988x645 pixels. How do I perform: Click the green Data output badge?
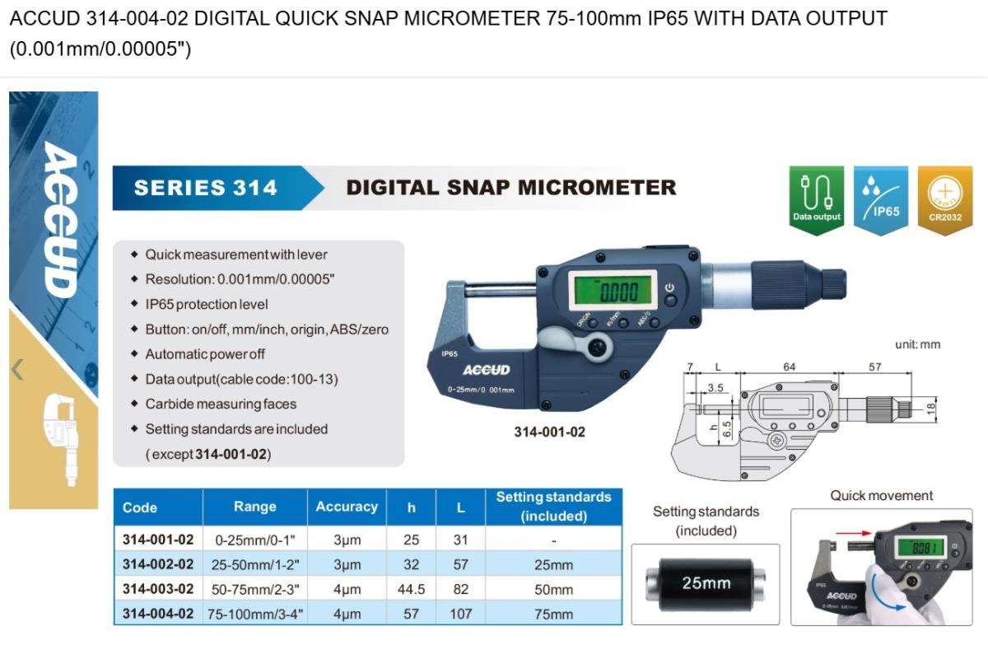[817, 199]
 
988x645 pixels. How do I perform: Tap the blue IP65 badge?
[881, 199]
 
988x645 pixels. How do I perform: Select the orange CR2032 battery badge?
[945, 199]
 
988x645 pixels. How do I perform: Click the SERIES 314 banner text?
[206, 188]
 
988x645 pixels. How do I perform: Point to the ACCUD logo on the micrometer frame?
[486, 370]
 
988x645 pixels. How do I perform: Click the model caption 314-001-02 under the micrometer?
[550, 432]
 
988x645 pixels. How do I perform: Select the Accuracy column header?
[347, 507]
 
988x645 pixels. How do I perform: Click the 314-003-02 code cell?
[158, 589]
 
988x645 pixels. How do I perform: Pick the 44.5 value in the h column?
[411, 589]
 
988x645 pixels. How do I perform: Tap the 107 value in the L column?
[461, 614]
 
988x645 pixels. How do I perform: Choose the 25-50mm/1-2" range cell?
[255, 565]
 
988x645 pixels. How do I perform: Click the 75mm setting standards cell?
[553, 615]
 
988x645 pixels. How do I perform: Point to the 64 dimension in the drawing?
[789, 367]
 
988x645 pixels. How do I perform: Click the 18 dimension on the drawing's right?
[931, 409]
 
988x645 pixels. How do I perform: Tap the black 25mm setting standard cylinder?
[706, 584]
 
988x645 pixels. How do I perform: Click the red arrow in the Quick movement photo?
[854, 534]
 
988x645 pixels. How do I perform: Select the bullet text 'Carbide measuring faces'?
[221, 404]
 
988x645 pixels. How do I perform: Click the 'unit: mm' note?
[917, 344]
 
